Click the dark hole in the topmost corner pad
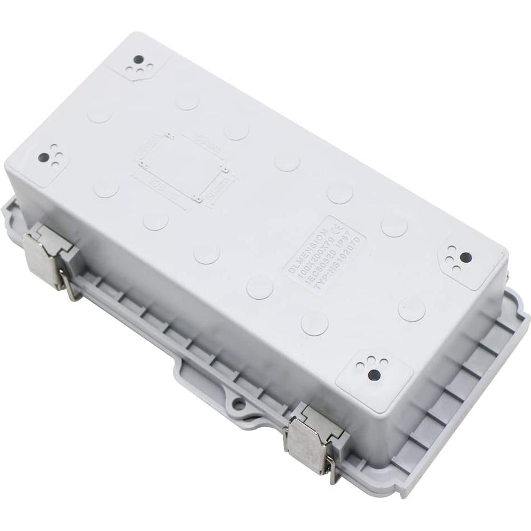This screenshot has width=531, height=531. pyautogui.click(x=137, y=59)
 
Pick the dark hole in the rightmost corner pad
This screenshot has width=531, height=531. pyautogui.click(x=465, y=257)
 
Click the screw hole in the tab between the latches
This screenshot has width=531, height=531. pyautogui.click(x=239, y=402)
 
